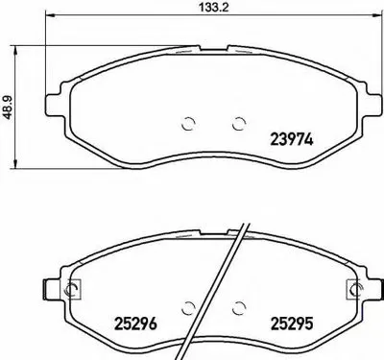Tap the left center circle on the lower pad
tap(188, 309)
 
